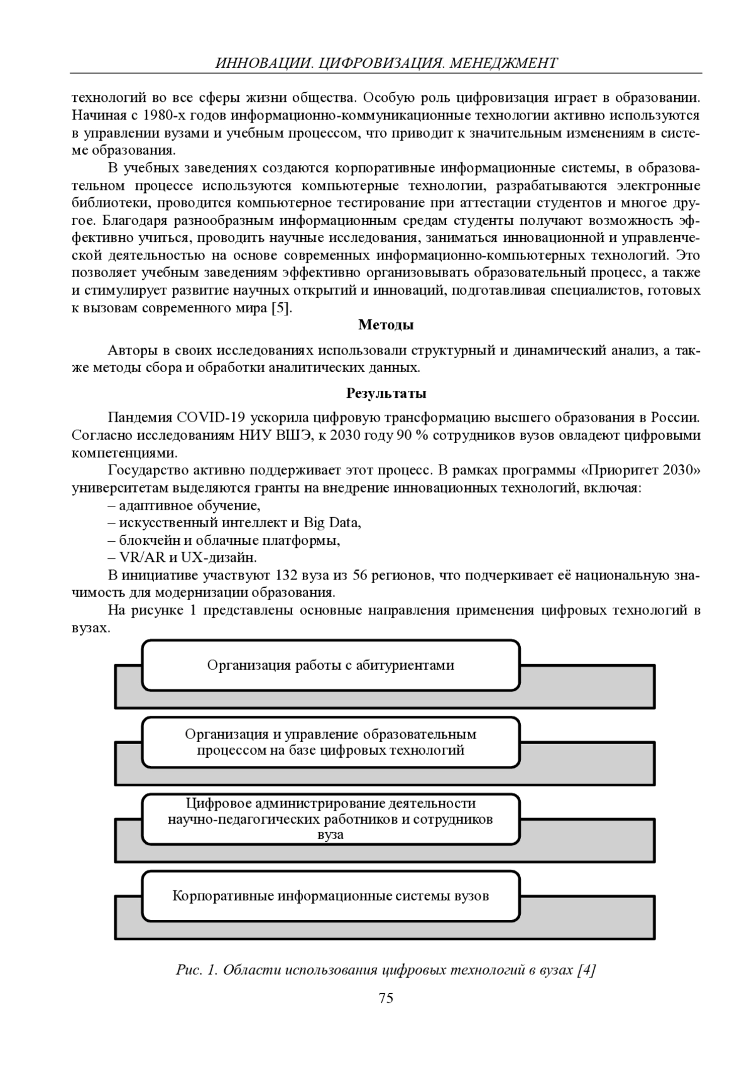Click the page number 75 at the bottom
pos(386,998)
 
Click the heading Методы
pos(386,325)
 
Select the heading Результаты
pos(386,393)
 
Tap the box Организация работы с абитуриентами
pos(331,665)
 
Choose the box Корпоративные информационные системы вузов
pos(331,895)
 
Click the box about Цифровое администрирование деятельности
pos(331,819)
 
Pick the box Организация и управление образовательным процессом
pos(331,742)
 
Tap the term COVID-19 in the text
pos(211,418)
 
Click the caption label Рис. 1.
pos(196,970)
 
